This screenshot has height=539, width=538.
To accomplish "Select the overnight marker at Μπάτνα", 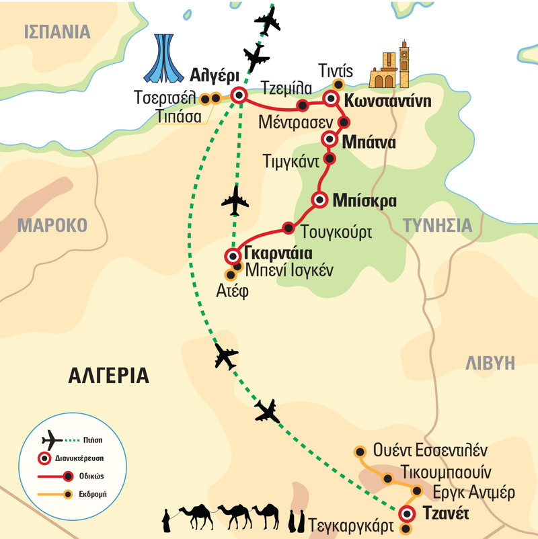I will coord(330,139).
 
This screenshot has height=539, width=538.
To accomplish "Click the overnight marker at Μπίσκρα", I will coord(320,200).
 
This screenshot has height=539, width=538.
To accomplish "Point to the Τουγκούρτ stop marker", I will coord(289,227).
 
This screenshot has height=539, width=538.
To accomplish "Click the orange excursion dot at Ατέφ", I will coord(231,274).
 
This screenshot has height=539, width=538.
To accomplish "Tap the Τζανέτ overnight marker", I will coord(406,515).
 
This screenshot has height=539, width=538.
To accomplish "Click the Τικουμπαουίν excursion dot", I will coord(388,478).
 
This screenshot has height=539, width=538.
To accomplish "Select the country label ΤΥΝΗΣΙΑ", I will coord(438,225).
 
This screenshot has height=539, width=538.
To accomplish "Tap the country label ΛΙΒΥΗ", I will coord(490,364).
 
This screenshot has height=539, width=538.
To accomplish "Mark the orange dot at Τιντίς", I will coord(338,85).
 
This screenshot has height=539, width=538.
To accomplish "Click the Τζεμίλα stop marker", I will coord(303,105).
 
